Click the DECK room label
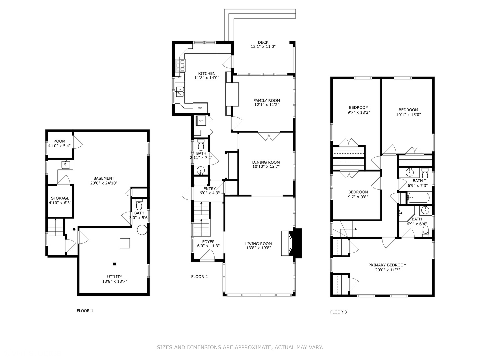click(263, 42)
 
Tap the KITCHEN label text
click(207, 73)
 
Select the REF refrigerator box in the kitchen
click(200, 108)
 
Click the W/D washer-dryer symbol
click(201, 120)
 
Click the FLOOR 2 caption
click(199, 276)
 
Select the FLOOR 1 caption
click(85, 311)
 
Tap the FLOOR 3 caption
click(338, 312)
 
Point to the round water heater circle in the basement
click(142, 230)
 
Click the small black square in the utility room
click(114, 264)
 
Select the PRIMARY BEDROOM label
click(387, 265)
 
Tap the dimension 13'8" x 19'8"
click(258, 248)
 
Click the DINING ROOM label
click(266, 162)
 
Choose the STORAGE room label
click(60, 198)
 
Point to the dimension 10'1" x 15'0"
click(408, 115)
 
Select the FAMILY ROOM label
click(266, 100)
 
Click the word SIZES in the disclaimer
click(164, 347)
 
